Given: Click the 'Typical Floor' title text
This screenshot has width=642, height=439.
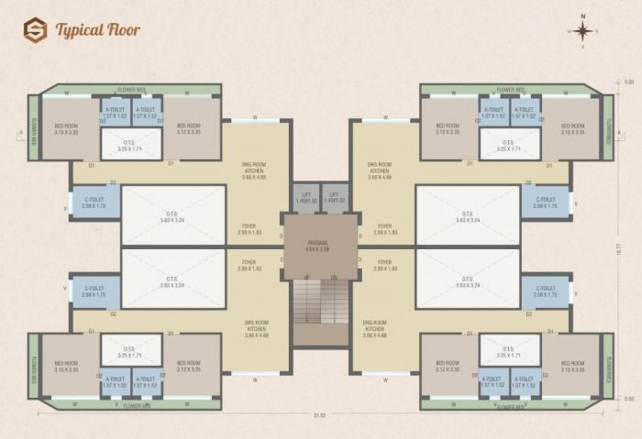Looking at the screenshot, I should pos(97,30).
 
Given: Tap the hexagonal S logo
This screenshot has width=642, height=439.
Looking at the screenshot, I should pos(35,30).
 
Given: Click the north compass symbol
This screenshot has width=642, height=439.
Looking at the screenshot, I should pos(582,31).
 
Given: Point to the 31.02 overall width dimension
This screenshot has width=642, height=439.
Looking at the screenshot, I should pos(320,416).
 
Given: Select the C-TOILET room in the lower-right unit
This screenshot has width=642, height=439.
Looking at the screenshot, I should pos(545,291).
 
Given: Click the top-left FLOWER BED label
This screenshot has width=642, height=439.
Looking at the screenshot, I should pos(134,90).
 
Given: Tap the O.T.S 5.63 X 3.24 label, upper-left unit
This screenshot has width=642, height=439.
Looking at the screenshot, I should pos(173,216).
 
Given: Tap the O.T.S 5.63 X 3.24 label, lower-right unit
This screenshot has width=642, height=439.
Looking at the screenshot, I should pos(468,281).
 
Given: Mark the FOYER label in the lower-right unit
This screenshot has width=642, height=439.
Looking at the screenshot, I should pos(384,266).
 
